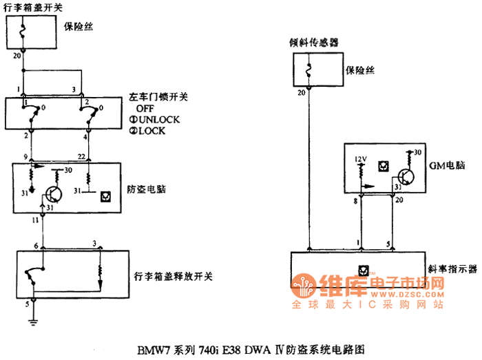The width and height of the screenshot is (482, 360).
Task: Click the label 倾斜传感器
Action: (x=315, y=43)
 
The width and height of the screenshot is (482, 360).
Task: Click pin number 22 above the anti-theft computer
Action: (x=82, y=158)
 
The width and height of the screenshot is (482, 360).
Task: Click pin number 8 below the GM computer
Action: (x=355, y=200)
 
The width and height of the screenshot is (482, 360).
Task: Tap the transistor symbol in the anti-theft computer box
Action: (x=52, y=195)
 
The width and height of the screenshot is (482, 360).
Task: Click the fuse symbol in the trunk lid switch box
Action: (x=24, y=30)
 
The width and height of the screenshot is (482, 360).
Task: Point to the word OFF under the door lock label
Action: (x=145, y=108)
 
